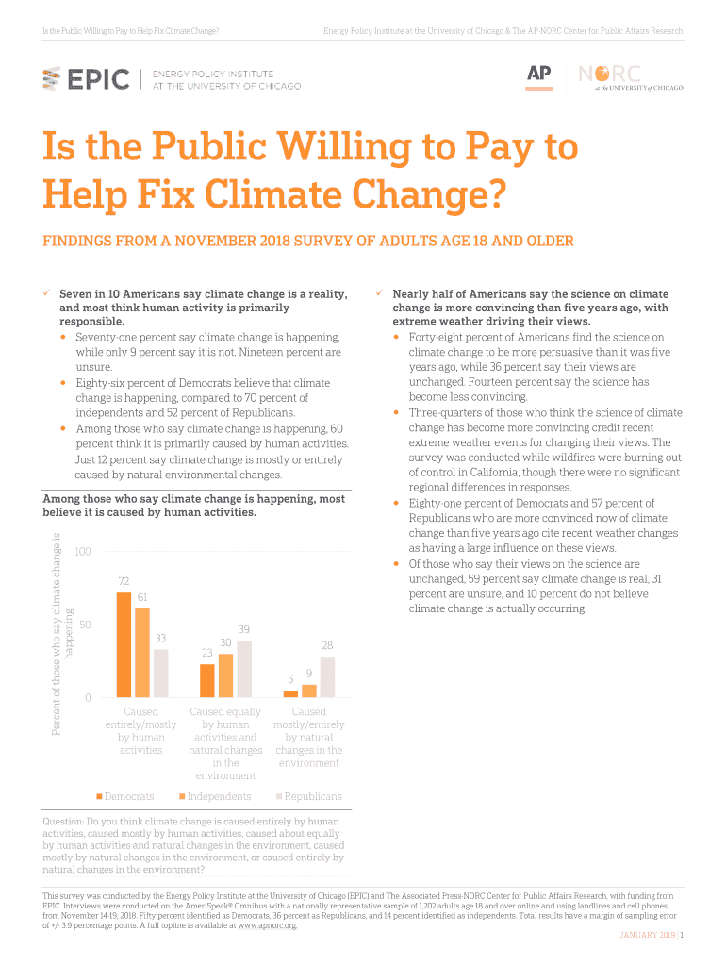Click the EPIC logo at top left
pos(87,79)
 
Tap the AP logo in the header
pos(538,75)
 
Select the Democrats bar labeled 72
pos(124,644)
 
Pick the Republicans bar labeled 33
pos(161,673)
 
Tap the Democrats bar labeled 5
pos(290,693)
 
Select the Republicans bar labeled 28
pos(327,676)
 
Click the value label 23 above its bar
pos(206,653)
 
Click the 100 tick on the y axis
pos(83,551)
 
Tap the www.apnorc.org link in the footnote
pos(267,925)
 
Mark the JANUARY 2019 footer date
pos(647,935)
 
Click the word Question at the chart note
pos(64,822)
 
